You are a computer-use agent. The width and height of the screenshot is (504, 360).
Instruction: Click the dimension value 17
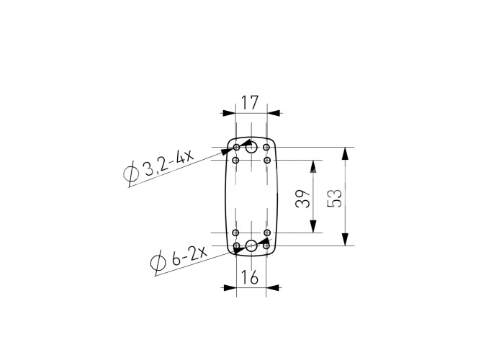(250, 103)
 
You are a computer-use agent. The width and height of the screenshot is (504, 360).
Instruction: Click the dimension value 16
(250, 277)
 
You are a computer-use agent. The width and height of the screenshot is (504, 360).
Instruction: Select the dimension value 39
(303, 199)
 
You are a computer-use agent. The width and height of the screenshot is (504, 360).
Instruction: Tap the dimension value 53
(335, 198)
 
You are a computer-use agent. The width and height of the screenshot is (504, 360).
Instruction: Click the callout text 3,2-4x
(168, 163)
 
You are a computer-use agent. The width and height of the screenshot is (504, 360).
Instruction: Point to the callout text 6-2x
(189, 256)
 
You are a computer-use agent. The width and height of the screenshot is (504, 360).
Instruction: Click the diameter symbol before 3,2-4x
(131, 174)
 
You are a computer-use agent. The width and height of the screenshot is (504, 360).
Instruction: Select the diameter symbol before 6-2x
(158, 263)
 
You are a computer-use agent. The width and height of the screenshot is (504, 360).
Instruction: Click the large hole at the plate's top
(251, 148)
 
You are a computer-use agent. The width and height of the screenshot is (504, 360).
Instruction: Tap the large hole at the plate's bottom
(251, 246)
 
